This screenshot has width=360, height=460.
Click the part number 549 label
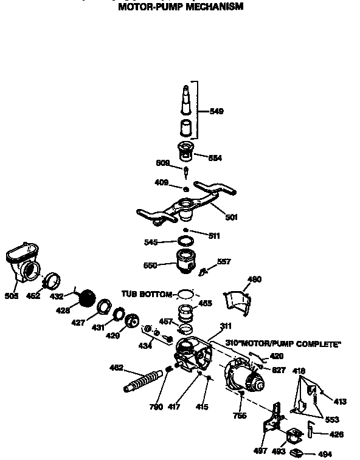[x=216, y=111]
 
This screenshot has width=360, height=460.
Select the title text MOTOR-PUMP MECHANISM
[x=180, y=7]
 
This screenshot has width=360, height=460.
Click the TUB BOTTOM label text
[x=147, y=294]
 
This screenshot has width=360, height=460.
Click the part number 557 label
[x=224, y=262]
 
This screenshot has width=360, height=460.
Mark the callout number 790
[x=156, y=407]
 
